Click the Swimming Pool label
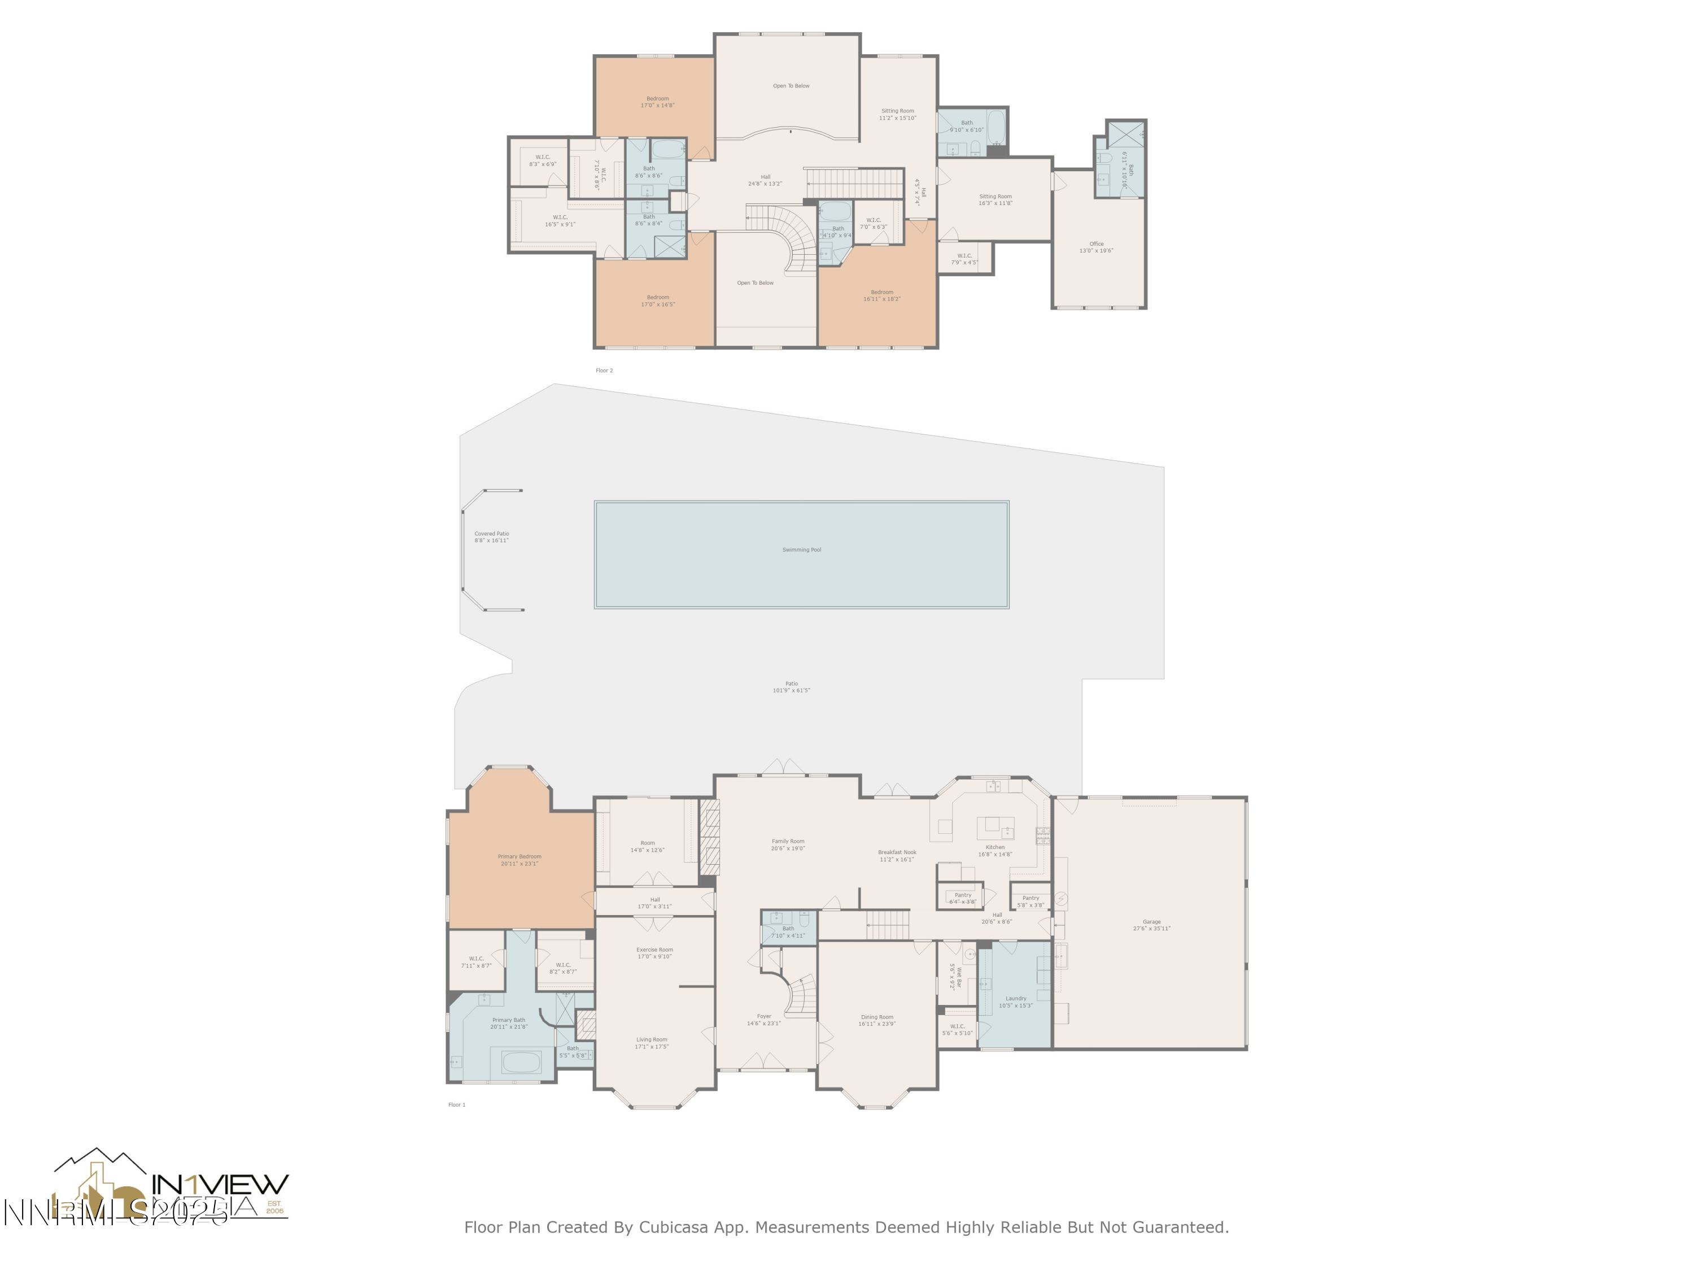pos(801,549)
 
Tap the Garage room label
pos(1151,925)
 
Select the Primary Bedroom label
pos(519,860)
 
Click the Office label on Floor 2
pos(1096,247)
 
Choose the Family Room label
pos(787,845)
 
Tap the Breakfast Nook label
pos(897,855)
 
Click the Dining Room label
pos(877,1020)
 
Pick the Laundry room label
pos(1015,1002)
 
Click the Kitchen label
pos(995,850)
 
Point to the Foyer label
pos(763,1019)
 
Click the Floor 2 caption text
pos(604,370)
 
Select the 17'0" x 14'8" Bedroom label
pos(657,101)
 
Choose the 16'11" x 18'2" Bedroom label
pos(881,295)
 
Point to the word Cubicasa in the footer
pos(671,1226)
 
